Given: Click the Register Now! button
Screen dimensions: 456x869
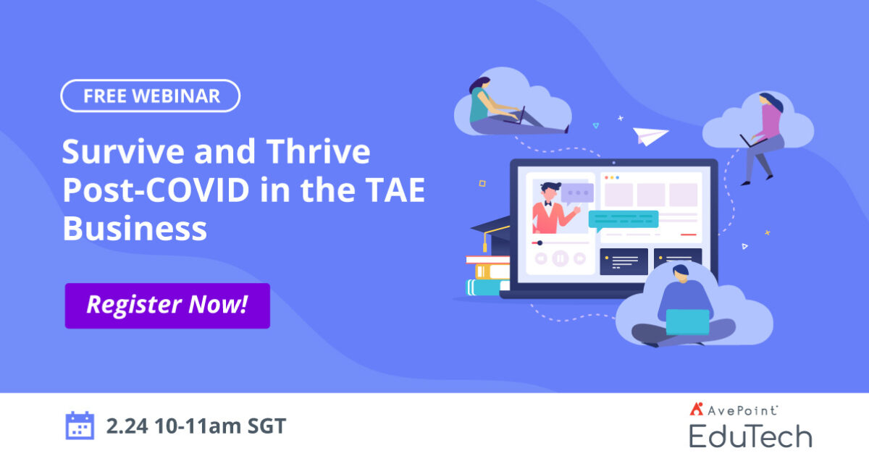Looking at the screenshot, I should pos(167,305).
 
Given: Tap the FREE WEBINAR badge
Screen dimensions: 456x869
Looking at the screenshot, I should pos(150,96).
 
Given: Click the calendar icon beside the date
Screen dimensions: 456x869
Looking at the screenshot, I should pos(80,426).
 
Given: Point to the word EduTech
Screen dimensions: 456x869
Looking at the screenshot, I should pos(750,436).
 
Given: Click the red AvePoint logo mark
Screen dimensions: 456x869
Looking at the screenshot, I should pos(697,410).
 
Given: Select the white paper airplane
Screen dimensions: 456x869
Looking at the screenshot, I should pos(650,135).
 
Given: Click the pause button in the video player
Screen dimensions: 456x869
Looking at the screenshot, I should pos(560,258).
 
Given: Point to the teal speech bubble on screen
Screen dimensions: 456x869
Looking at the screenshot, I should pos(623,219).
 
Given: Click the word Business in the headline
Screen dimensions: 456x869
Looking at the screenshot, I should pos(135,229).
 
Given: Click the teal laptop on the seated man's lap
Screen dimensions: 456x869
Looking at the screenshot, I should pos(687,321).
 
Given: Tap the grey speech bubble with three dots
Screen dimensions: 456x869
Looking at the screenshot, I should pos(577,193).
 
